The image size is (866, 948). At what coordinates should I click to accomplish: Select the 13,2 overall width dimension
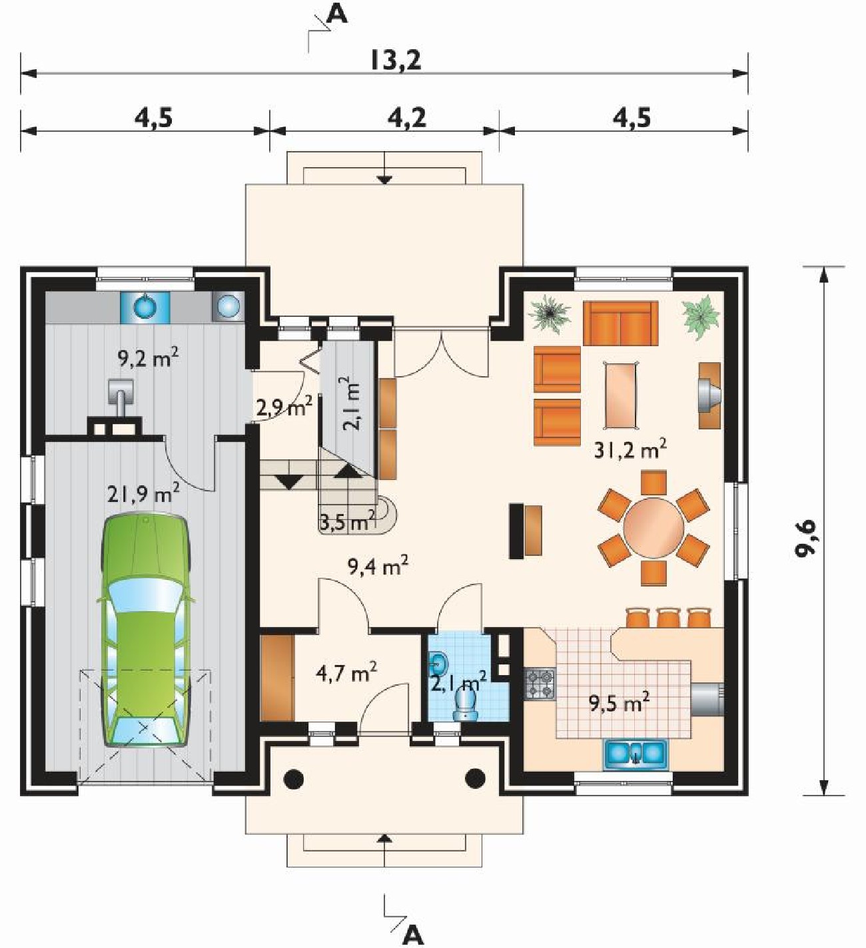pos(396,61)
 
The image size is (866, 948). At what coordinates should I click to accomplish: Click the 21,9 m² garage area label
pos(143,495)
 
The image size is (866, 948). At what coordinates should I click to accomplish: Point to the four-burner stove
pos(541,684)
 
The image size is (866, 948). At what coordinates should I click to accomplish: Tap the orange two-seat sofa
pos(621,324)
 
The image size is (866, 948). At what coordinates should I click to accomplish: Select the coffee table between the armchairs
pos(621,395)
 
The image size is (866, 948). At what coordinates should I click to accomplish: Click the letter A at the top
pos(337,14)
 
